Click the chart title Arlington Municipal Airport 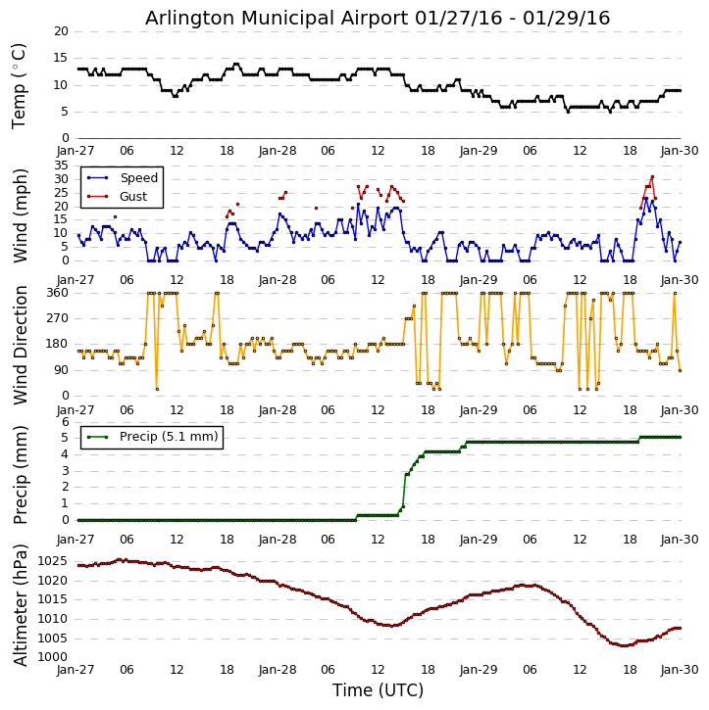[378, 18]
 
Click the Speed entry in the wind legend [138, 178]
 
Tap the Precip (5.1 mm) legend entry [168, 437]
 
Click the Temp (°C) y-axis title [20, 85]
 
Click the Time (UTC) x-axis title [378, 690]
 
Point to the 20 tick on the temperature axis [60, 31]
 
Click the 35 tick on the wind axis [60, 166]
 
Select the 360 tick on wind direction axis [56, 293]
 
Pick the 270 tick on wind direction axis [56, 318]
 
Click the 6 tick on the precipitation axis [65, 422]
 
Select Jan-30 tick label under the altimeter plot [680, 671]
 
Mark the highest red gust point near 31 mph [652, 177]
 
